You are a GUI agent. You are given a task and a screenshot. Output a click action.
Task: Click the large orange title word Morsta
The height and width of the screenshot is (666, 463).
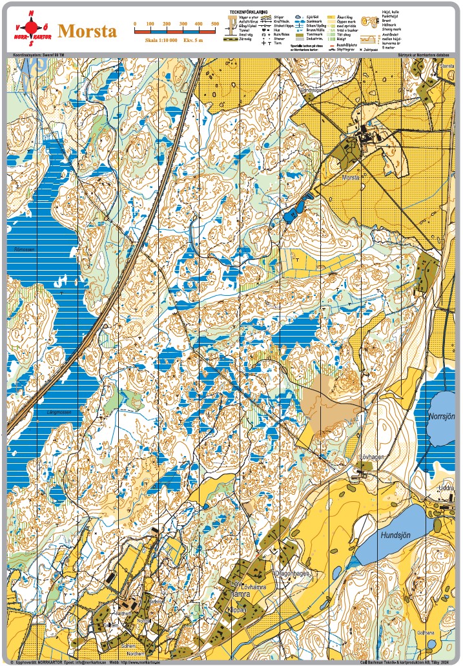87,32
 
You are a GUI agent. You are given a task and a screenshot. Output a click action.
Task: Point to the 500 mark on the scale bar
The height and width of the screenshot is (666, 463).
215,24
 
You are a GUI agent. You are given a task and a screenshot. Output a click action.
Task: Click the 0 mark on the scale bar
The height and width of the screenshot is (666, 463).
134,24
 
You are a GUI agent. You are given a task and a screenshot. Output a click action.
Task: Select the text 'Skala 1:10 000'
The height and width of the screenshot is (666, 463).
160,40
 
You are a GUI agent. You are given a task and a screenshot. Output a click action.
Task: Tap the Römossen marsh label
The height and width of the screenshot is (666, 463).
23,248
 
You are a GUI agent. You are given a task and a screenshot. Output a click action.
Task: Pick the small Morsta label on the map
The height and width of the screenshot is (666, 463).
351,176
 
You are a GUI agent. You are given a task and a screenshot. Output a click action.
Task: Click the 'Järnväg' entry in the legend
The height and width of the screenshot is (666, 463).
245,39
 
